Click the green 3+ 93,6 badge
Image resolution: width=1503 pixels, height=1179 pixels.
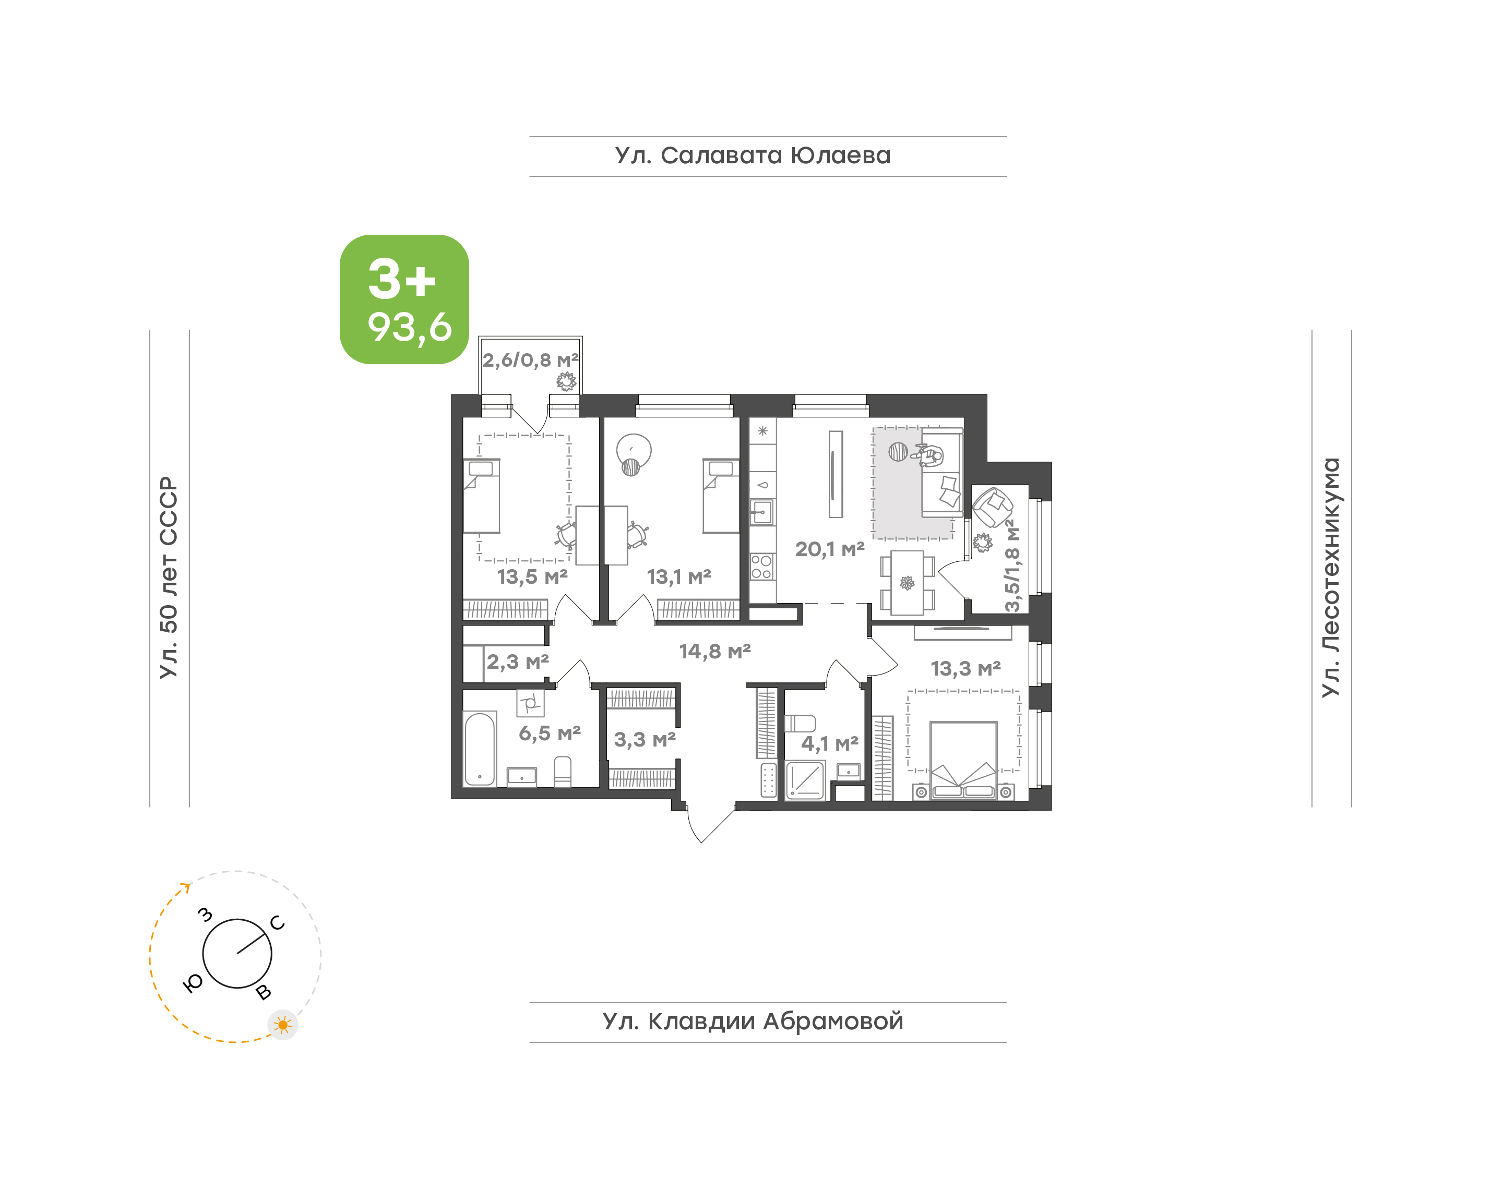click(x=404, y=299)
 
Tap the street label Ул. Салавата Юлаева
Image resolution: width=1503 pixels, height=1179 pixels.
click(x=753, y=156)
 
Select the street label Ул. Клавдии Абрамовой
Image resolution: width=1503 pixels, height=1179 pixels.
click(x=753, y=1021)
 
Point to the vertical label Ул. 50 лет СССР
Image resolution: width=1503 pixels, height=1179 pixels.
click(x=169, y=577)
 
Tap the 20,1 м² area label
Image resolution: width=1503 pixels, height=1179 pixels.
click(x=830, y=549)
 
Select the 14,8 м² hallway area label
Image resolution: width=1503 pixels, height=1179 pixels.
click(x=714, y=651)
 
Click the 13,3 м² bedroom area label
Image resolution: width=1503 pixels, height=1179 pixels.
click(x=965, y=668)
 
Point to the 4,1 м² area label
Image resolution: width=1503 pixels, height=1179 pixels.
click(x=829, y=743)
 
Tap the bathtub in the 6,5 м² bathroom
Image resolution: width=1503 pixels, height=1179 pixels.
click(x=480, y=749)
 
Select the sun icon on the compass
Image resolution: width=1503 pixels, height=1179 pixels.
click(x=282, y=1025)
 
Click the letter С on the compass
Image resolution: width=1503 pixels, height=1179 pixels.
click(x=278, y=923)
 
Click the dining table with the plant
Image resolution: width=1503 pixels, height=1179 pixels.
click(x=907, y=583)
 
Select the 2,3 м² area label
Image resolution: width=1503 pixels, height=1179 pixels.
click(x=518, y=662)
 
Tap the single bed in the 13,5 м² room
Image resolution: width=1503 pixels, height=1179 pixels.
click(x=481, y=496)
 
